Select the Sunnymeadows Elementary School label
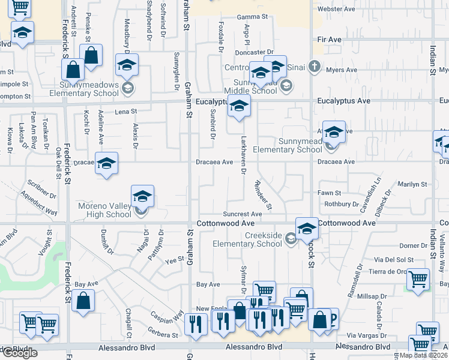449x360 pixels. click(89, 89)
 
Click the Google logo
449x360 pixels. click(20, 353)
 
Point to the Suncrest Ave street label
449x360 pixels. click(243, 214)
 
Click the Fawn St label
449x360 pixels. click(330, 193)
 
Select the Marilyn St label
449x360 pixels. click(412, 184)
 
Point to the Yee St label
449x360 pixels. click(174, 260)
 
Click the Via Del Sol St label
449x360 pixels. click(394, 259)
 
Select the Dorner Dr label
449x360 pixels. click(412, 245)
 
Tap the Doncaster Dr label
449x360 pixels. click(258, 52)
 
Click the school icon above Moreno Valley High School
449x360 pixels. click(142, 196)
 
